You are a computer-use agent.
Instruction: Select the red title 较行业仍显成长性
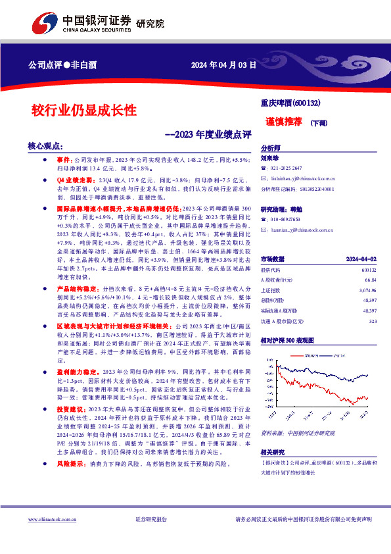tap(84, 109)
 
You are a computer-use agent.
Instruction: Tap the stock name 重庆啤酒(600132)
tap(290, 103)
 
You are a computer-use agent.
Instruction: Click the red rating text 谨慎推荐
tap(284, 122)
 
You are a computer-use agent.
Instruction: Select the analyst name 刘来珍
tap(269, 158)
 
